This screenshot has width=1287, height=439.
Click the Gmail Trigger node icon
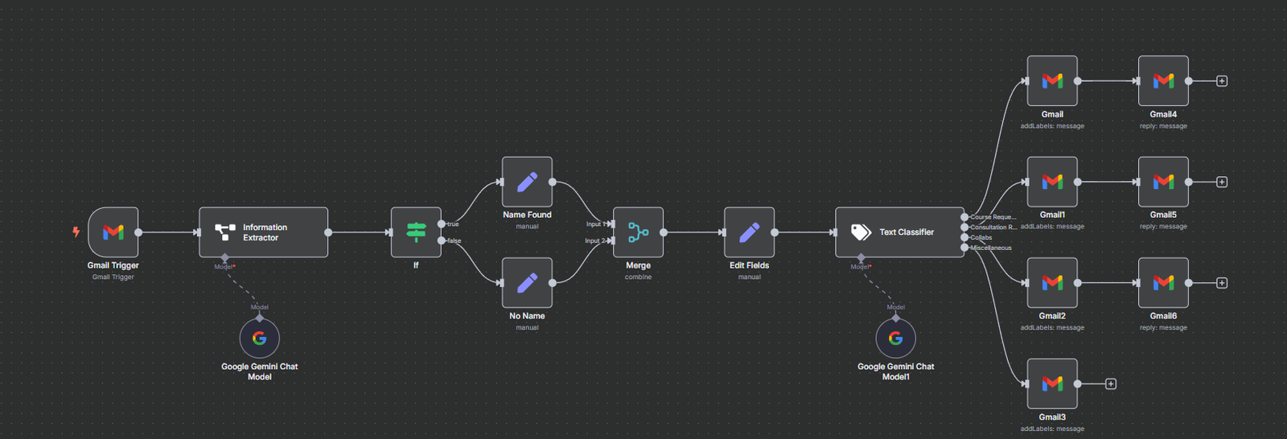point(113,232)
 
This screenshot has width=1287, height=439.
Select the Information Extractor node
point(263,232)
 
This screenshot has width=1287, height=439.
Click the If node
point(416,232)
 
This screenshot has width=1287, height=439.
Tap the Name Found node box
point(527,182)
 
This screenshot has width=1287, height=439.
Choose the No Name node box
point(527,283)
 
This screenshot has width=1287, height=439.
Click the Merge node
point(638,232)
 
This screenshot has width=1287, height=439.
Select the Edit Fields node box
point(749,232)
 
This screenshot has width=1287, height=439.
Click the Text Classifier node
point(899,232)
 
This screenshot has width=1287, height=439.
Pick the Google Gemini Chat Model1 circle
point(895,338)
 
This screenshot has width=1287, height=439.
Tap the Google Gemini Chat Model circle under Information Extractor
point(260,338)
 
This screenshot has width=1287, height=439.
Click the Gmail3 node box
point(1052,384)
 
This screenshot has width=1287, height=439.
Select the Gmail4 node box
point(1163,80)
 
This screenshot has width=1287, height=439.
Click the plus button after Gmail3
point(1111,384)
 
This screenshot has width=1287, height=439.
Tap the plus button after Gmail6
point(1222,283)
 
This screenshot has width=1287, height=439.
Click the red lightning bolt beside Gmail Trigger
point(76,232)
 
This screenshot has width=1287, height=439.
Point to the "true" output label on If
point(454,224)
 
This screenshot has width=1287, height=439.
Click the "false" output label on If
point(454,240)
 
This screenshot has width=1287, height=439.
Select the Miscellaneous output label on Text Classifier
point(991,248)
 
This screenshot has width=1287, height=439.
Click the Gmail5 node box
point(1163,182)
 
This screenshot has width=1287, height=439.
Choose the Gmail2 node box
point(1052,283)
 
